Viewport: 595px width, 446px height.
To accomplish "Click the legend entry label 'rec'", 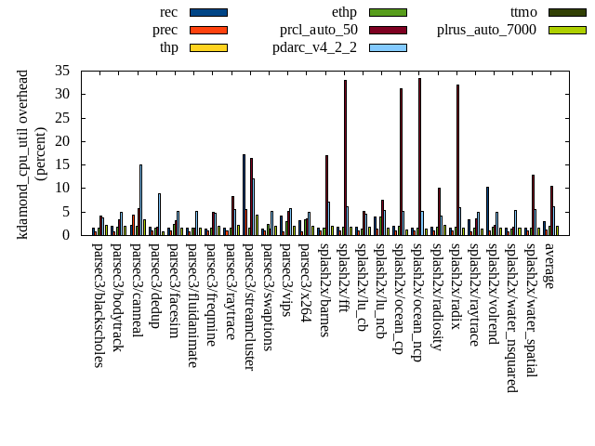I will [169, 12].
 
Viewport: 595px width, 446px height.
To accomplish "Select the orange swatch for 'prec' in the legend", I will [208, 30].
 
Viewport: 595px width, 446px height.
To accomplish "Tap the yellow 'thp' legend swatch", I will [208, 47].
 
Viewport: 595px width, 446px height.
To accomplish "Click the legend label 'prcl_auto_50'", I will [318, 30].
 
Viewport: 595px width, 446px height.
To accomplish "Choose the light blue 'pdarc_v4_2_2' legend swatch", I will [388, 47].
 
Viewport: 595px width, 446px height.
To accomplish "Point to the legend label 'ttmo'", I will [523, 12].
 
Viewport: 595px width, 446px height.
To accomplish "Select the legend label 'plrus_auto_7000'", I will [486, 30].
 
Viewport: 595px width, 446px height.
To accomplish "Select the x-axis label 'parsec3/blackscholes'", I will [98, 305].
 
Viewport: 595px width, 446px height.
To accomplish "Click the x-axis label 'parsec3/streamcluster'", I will [248, 307].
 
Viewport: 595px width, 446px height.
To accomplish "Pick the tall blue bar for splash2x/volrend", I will [487, 211].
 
